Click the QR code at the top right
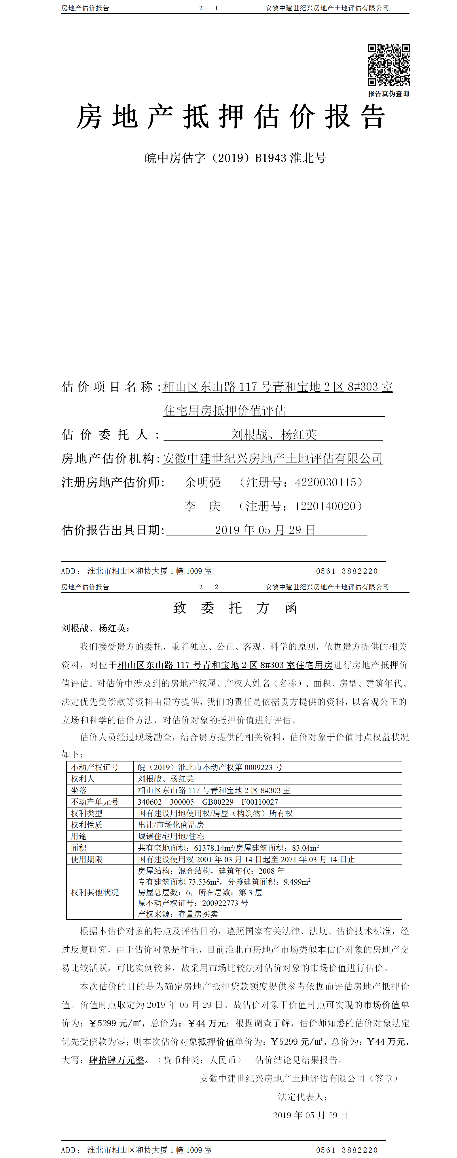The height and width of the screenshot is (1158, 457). pyautogui.click(x=389, y=65)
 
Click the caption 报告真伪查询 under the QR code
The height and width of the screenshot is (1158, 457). pyautogui.click(x=389, y=94)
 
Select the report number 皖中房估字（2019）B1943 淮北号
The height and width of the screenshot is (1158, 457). pyautogui.click(x=235, y=158)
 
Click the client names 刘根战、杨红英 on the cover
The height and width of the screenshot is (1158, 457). pyautogui.click(x=274, y=434)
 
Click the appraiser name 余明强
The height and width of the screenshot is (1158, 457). pyautogui.click(x=203, y=482)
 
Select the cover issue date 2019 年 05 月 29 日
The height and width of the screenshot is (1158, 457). pyautogui.click(x=266, y=530)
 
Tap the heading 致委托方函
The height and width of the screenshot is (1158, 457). pyautogui.click(x=235, y=608)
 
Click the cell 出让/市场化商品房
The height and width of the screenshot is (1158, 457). pyautogui.click(x=171, y=824)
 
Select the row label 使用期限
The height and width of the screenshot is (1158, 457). pyautogui.click(x=87, y=859)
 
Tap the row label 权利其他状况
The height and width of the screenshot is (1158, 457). pyautogui.click(x=95, y=892)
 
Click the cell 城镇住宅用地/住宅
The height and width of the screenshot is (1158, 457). pyautogui.click(x=171, y=836)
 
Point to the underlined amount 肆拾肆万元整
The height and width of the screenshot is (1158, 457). pyautogui.click(x=117, y=1060)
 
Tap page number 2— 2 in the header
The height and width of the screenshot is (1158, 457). pyautogui.click(x=209, y=587)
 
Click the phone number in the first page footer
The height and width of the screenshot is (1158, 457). pyautogui.click(x=347, y=571)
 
